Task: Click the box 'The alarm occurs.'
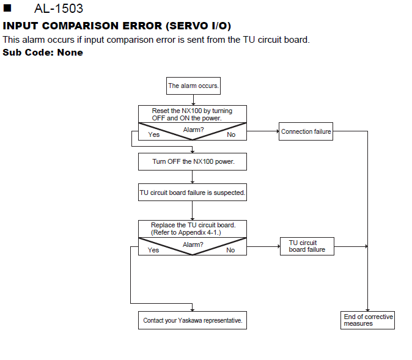[193, 86]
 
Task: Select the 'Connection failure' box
[306, 131]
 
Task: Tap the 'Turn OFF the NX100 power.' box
[193, 161]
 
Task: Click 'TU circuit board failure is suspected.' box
[193, 193]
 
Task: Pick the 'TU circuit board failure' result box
[307, 246]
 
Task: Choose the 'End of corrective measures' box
[367, 320]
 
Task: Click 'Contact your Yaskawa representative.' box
[193, 320]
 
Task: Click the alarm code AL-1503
[59, 9]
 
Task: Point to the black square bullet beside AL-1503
[7, 8]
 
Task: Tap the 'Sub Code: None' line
[43, 53]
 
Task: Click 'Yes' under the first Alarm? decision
[153, 134]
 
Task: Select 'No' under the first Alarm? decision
[231, 134]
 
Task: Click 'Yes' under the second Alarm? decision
[153, 250]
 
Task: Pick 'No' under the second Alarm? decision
[230, 250]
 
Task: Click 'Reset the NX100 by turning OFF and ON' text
[192, 114]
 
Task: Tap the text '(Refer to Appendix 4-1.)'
[186, 232]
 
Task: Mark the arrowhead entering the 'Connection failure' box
[278, 131]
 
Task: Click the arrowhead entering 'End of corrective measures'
[367, 310]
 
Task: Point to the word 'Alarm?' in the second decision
[193, 244]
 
